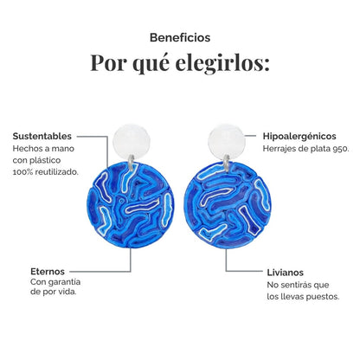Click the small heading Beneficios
pos(180,38)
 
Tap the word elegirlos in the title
pos(222,63)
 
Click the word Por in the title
pos(108,62)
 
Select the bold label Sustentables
pos(42,136)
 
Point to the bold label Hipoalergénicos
pos(299,136)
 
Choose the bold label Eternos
pos(48,272)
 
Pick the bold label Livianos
pos(286,273)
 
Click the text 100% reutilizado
pos(46,172)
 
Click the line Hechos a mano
pos(43,149)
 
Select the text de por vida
pos(54,292)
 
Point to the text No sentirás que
pos(298,285)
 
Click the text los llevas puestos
pos(303,297)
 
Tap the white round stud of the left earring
pos(132,141)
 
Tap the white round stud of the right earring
pos(227,141)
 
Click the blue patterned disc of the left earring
pos(131,204)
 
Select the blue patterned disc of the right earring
pos(228,205)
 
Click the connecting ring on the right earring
pos(227,162)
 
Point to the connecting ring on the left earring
pos(132,162)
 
